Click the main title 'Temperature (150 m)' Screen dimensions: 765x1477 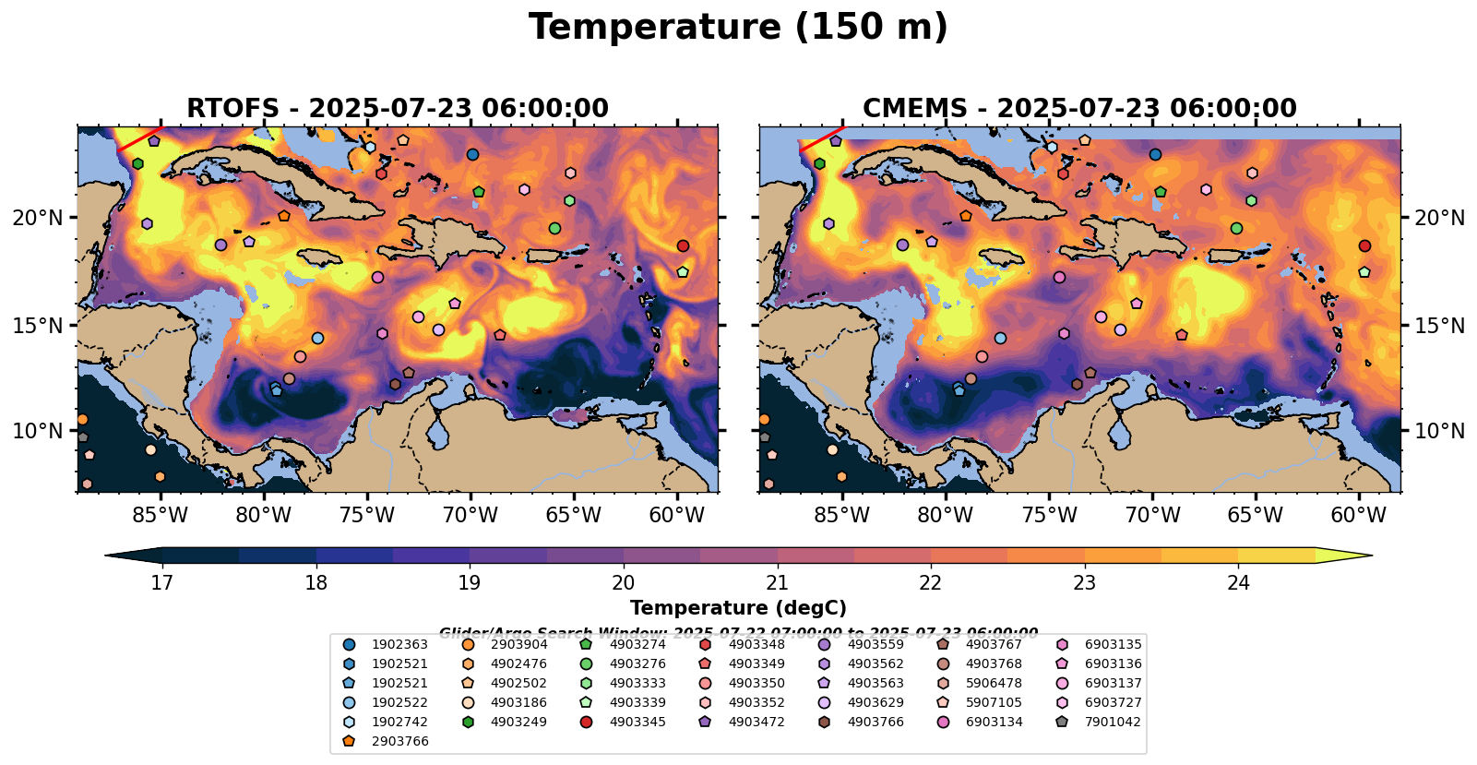[738, 28]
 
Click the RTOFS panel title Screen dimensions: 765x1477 [398, 109]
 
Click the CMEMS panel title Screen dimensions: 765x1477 [1079, 109]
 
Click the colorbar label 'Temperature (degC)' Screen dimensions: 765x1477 [738, 608]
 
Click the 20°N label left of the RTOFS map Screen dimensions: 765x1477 [38, 218]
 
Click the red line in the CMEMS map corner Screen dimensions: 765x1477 [821, 138]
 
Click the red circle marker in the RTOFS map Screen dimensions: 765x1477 [683, 245]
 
